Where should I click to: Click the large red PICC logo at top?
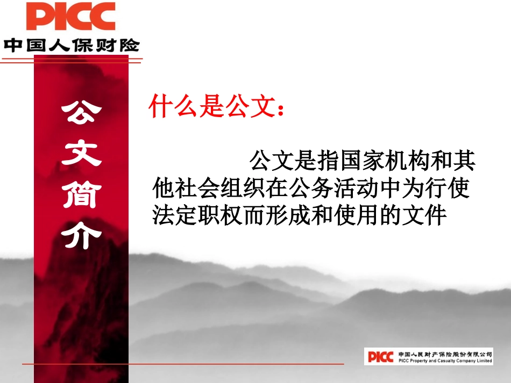[x=70, y=17]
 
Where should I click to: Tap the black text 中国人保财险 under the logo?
[x=72, y=44]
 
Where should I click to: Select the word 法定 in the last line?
[x=175, y=215]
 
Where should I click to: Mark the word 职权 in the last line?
[x=221, y=215]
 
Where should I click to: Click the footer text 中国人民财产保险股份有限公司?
[x=445, y=354]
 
